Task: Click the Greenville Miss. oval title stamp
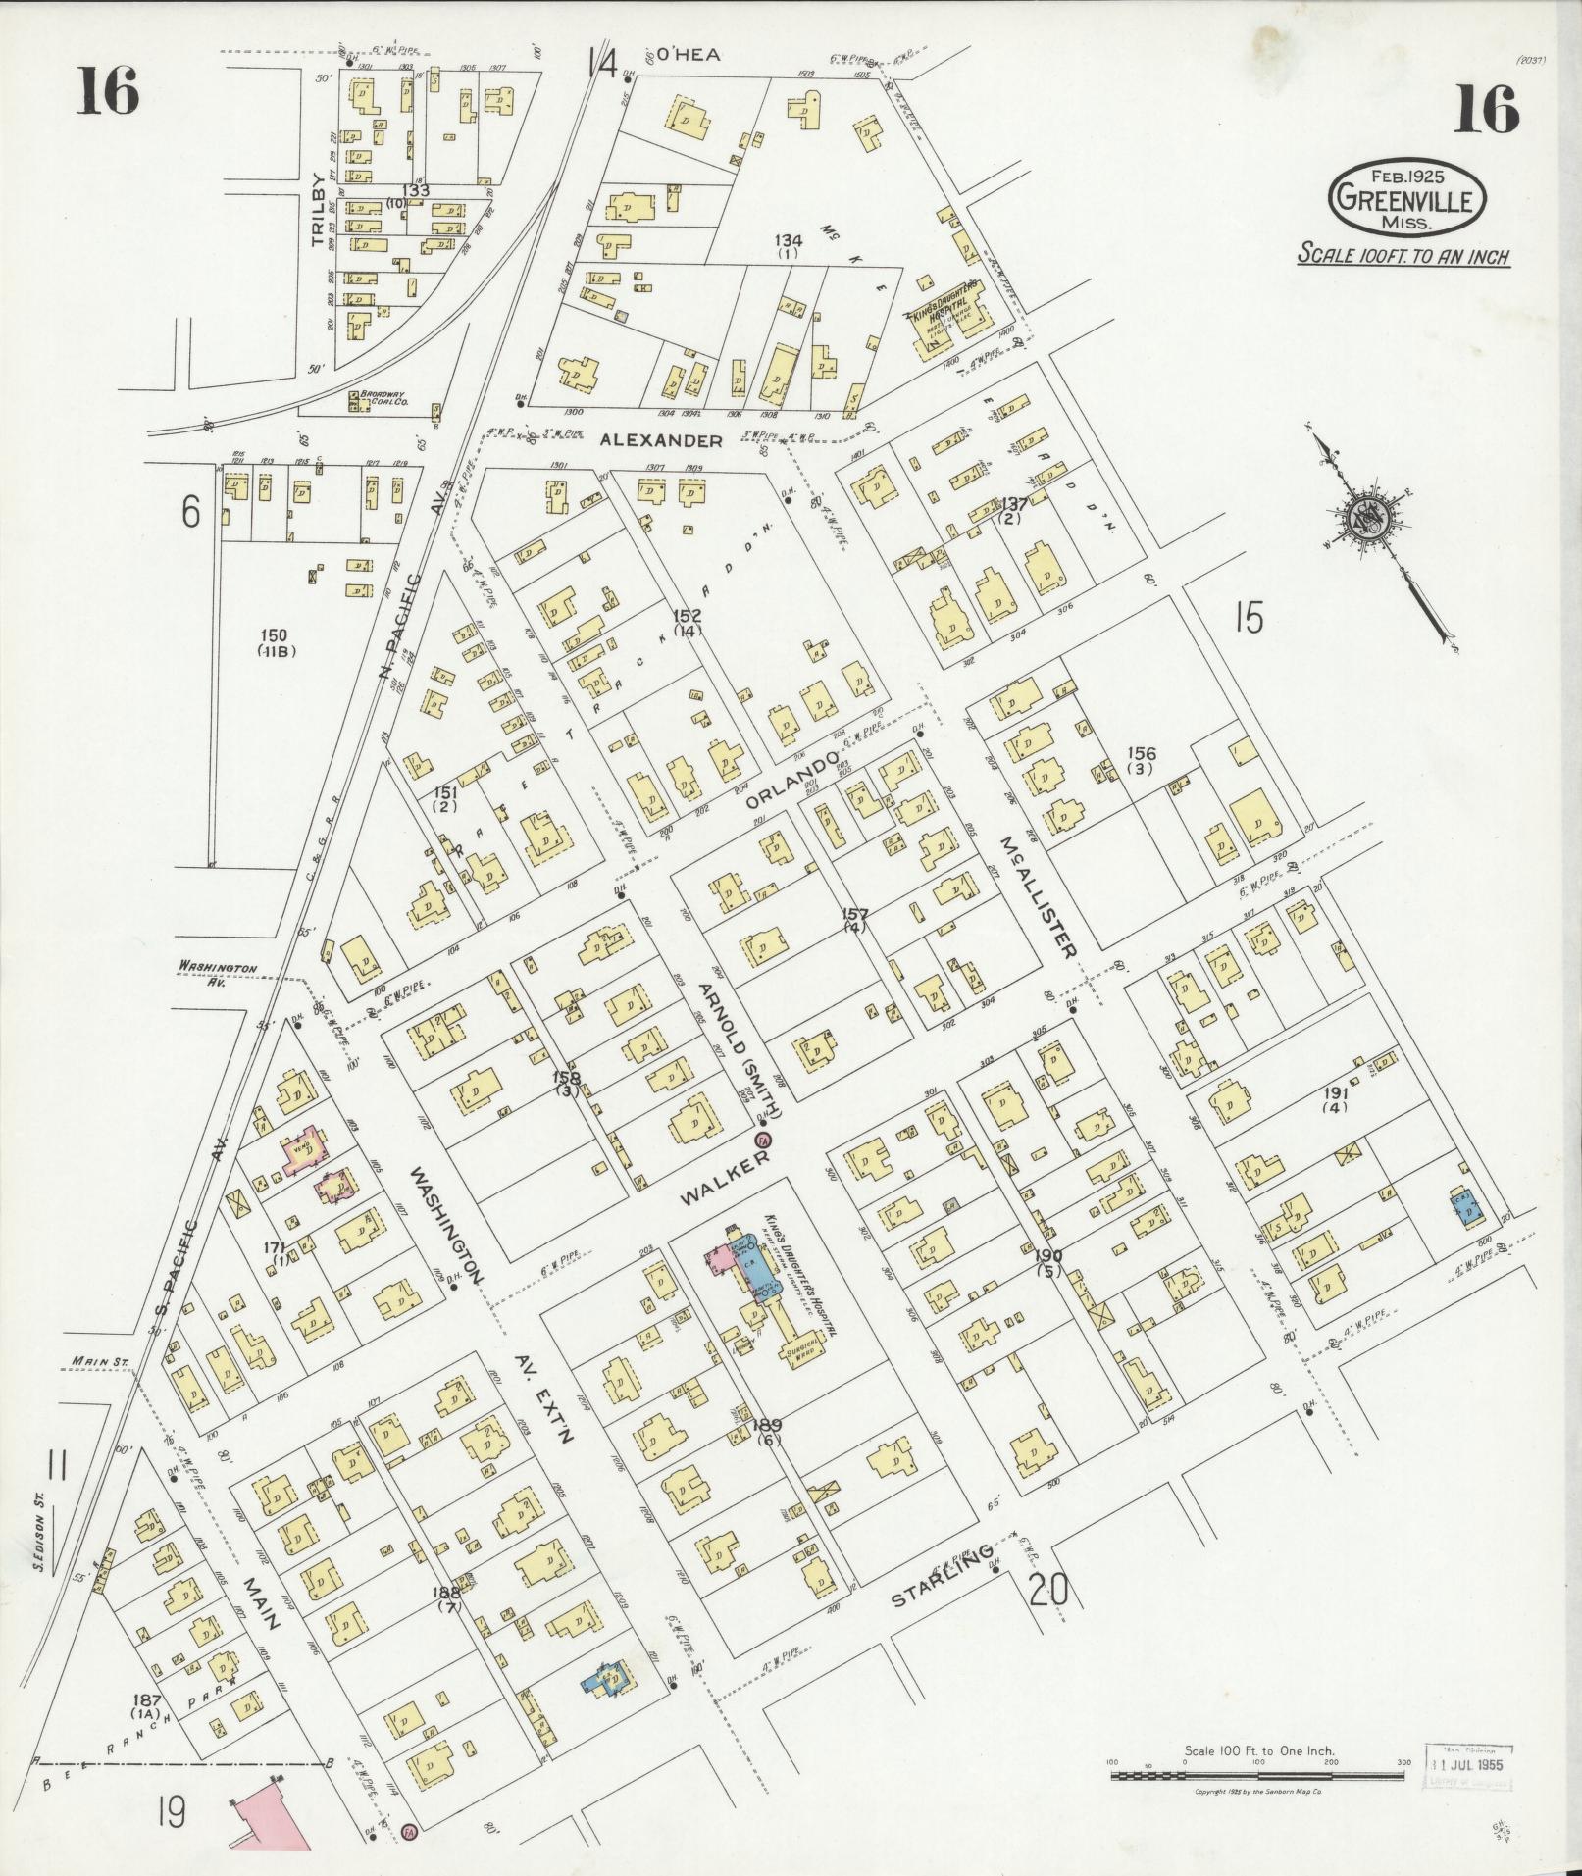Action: tap(1405, 198)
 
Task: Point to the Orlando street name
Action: tap(793, 781)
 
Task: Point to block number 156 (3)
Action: tap(1141, 760)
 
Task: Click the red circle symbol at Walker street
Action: tap(762, 1140)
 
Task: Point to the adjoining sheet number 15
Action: tap(1248, 619)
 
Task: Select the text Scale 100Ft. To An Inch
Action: tap(1403, 256)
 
